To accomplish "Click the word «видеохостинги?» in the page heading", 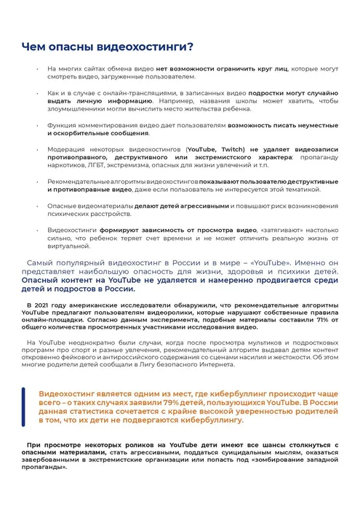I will [x=147, y=48].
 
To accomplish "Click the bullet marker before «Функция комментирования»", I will [x=39, y=125].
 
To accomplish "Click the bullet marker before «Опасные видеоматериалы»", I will [x=39, y=207].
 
